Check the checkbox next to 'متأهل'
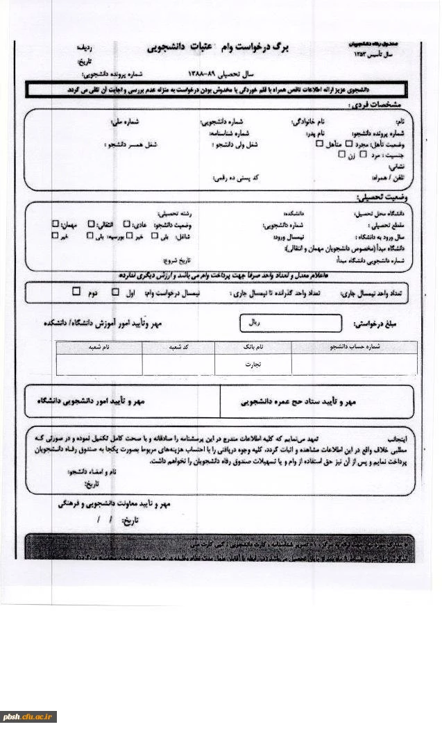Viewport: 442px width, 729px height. coord(319,144)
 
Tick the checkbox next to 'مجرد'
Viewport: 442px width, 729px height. coord(349,144)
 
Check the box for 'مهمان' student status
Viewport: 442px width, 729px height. coord(56,224)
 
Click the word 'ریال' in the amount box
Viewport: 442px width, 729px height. coord(255,323)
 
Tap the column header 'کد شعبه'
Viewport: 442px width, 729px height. coord(179,346)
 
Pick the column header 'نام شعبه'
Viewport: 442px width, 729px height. coord(99,346)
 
